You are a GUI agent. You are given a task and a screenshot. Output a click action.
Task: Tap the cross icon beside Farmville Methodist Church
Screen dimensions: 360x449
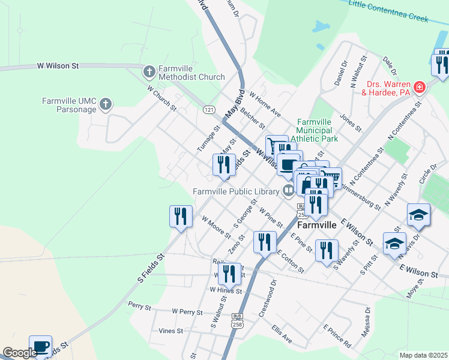tap(149, 72)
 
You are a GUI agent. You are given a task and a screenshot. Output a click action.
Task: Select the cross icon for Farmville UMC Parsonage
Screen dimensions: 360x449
tap(105, 105)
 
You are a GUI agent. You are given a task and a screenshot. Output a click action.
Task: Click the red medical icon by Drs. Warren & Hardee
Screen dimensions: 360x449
tap(419, 88)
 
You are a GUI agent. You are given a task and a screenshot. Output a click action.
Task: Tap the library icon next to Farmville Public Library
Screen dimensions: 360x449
tap(289, 191)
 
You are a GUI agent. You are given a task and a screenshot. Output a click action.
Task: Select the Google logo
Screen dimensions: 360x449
tap(20, 353)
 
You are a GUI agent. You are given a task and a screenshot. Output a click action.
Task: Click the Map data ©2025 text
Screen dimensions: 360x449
tap(423, 355)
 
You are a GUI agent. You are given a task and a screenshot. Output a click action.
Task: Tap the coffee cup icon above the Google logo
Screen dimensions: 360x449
tap(40, 346)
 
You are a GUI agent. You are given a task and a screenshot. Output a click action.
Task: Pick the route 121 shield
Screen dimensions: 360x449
tap(209, 110)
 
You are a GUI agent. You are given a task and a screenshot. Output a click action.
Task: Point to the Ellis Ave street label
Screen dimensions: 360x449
tap(282, 334)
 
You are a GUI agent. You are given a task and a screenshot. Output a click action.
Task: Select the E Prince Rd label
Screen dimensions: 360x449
tap(337, 337)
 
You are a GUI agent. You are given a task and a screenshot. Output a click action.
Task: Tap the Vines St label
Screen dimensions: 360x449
tap(170, 331)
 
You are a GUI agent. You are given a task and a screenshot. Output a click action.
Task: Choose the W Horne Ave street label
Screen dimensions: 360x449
tap(265, 104)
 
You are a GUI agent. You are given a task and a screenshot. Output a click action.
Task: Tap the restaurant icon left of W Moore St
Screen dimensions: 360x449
tap(181, 216)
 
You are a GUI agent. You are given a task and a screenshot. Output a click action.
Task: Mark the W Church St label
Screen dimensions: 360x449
tap(162, 97)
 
